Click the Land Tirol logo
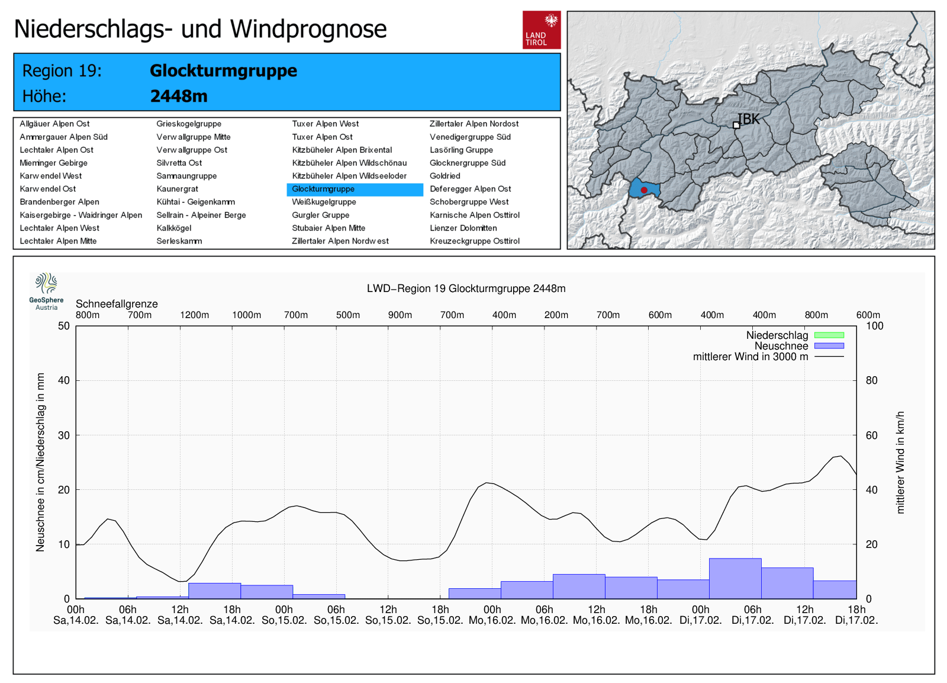pyautogui.click(x=541, y=30)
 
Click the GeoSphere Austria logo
pyautogui.click(x=46, y=291)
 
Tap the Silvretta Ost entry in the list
pyautogui.click(x=179, y=163)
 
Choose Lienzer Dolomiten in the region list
pyautogui.click(x=463, y=228)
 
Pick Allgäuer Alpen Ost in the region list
pyautogui.click(x=54, y=124)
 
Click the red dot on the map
pyautogui.click(x=644, y=190)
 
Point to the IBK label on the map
pyautogui.click(x=749, y=119)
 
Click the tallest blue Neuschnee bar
pyautogui.click(x=735, y=578)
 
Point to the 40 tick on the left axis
pyautogui.click(x=63, y=380)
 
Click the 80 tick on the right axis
pyautogui.click(x=871, y=380)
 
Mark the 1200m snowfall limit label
pyautogui.click(x=194, y=315)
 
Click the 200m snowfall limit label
pyautogui.click(x=556, y=315)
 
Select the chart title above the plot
pyautogui.click(x=466, y=288)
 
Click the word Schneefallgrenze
pyautogui.click(x=117, y=304)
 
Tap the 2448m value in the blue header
pyautogui.click(x=179, y=96)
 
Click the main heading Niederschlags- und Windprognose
pyautogui.click(x=200, y=29)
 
